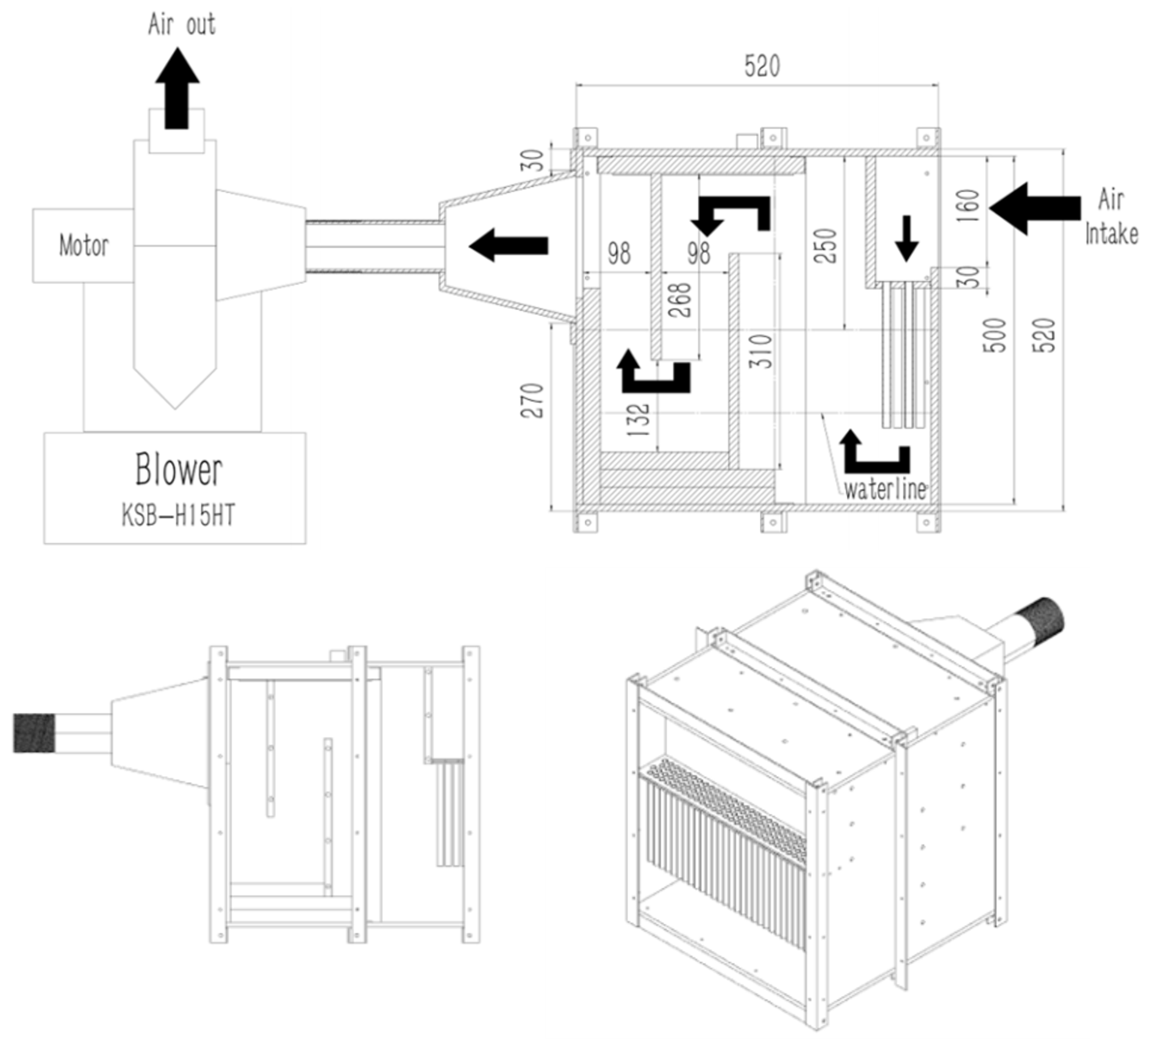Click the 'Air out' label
[182, 25]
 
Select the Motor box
[83, 246]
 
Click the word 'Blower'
[179, 470]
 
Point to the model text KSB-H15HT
[178, 516]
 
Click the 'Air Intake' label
[1111, 217]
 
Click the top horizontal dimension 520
[762, 66]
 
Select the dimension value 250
[826, 246]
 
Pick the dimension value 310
[762, 351]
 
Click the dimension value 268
[680, 300]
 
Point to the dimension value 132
[639, 420]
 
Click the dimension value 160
[968, 206]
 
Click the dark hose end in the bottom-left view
[34, 732]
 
